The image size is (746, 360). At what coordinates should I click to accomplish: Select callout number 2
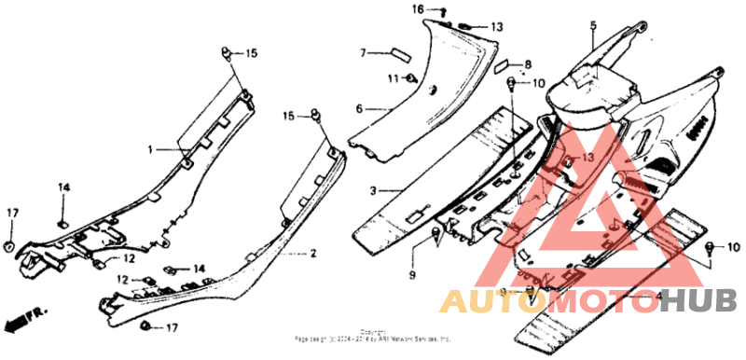pos(313,253)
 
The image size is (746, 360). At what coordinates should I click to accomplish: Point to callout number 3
pos(372,191)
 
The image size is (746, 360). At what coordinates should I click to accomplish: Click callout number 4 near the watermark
pos(659,297)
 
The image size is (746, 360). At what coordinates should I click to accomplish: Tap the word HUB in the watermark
pos(698,300)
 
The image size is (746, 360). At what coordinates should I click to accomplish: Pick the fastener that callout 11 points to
pos(411,78)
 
